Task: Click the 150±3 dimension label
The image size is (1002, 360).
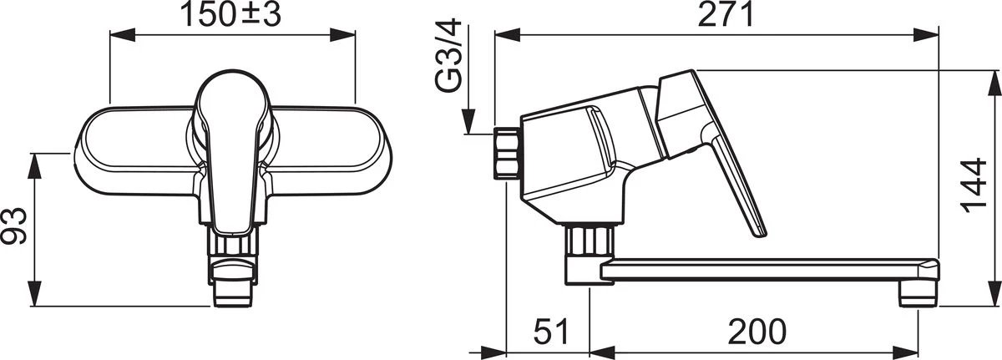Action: coord(230,15)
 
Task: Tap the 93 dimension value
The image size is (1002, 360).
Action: coord(14,226)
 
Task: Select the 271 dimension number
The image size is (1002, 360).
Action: coord(726,15)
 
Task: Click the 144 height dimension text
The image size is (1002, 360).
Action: coord(974,185)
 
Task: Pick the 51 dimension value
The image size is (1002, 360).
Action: coord(551,332)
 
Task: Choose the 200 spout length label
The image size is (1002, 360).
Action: coord(757,332)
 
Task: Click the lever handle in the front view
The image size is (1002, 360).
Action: coord(232,152)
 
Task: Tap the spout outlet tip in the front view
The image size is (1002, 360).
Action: coord(232,296)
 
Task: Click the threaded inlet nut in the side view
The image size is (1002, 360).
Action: coord(507,154)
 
